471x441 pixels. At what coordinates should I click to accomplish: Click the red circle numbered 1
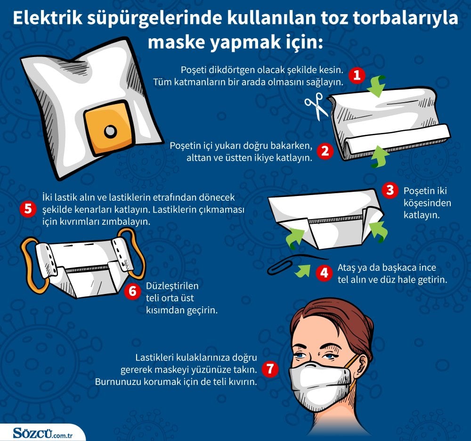click(x=357, y=75)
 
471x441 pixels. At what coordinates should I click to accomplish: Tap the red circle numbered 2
click(x=325, y=151)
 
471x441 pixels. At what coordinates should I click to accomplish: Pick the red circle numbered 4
click(x=324, y=273)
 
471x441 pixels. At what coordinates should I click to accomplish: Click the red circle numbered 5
click(x=28, y=209)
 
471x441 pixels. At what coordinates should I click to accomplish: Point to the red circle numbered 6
click(x=132, y=292)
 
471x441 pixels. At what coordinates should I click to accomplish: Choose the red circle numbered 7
click(x=269, y=369)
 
